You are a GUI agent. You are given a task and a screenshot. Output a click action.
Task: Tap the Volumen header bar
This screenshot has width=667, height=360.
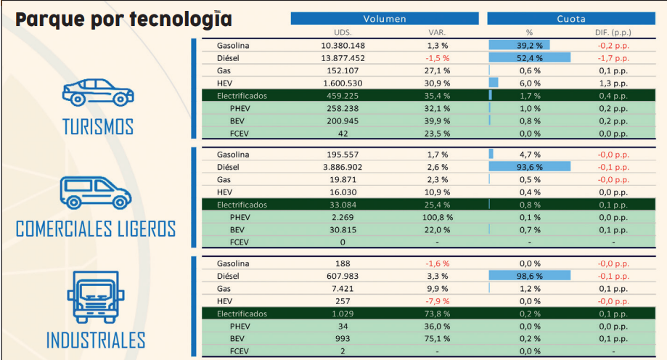385,19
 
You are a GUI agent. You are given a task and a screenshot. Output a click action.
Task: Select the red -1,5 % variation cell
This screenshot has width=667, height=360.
438,58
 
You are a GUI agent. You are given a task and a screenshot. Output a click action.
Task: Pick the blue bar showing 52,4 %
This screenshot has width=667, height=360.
530,58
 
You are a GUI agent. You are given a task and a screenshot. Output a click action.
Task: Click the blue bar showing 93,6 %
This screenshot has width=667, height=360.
530,167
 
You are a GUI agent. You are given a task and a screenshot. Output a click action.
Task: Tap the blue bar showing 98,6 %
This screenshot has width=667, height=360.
530,277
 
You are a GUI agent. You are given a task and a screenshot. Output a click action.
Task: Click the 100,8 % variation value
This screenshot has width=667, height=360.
438,217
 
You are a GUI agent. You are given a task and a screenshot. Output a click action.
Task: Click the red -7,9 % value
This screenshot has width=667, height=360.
438,301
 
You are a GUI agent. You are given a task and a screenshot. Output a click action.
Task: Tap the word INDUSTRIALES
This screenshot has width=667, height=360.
96,340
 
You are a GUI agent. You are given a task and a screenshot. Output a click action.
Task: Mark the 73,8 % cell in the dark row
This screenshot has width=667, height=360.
438,314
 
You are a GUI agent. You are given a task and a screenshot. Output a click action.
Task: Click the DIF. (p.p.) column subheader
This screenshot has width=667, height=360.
611,33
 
